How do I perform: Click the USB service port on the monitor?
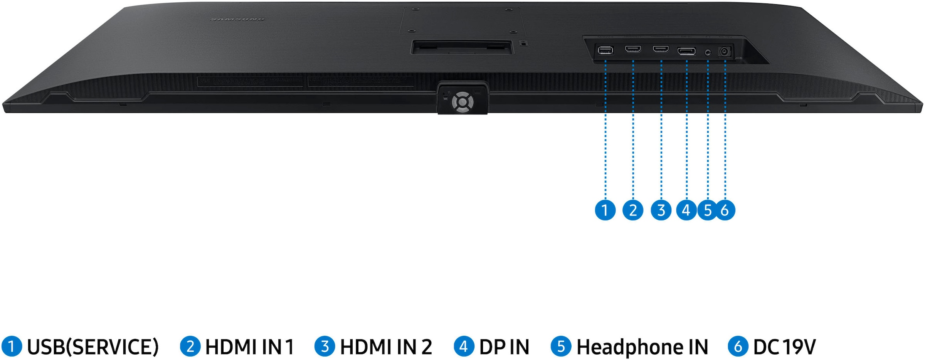pyautogui.click(x=605, y=50)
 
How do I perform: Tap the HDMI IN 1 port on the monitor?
pyautogui.click(x=633, y=49)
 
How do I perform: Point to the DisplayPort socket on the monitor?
pyautogui.click(x=686, y=51)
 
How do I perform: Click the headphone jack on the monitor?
pyautogui.click(x=708, y=52)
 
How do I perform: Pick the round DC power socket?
pyautogui.click(x=725, y=51)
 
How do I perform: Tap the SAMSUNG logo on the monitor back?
pyautogui.click(x=237, y=19)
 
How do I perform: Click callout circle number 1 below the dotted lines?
pyautogui.click(x=605, y=210)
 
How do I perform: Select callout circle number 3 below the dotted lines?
pyautogui.click(x=661, y=210)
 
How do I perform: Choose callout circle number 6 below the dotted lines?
pyautogui.click(x=725, y=210)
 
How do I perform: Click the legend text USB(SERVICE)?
pyautogui.click(x=93, y=347)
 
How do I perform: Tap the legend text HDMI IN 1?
pyautogui.click(x=249, y=347)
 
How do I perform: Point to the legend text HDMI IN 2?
pyautogui.click(x=386, y=347)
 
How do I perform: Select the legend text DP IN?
pyautogui.click(x=504, y=347)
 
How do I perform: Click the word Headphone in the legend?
pyautogui.click(x=624, y=347)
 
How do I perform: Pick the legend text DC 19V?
pyautogui.click(x=784, y=347)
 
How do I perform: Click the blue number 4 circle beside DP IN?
pyautogui.click(x=464, y=346)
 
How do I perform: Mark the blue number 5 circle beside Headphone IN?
pyautogui.click(x=561, y=346)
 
